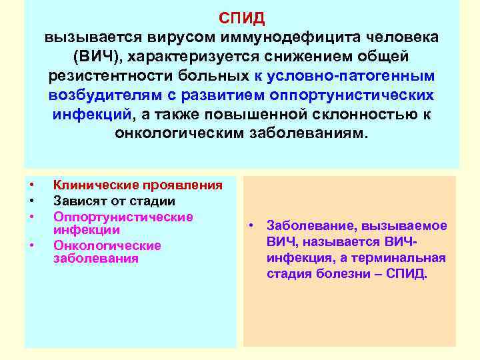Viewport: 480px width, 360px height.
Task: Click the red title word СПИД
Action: (241, 17)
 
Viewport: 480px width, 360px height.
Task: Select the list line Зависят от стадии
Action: (114, 201)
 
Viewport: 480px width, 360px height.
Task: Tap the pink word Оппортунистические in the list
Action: (123, 217)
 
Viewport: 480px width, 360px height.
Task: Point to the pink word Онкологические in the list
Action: (107, 245)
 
